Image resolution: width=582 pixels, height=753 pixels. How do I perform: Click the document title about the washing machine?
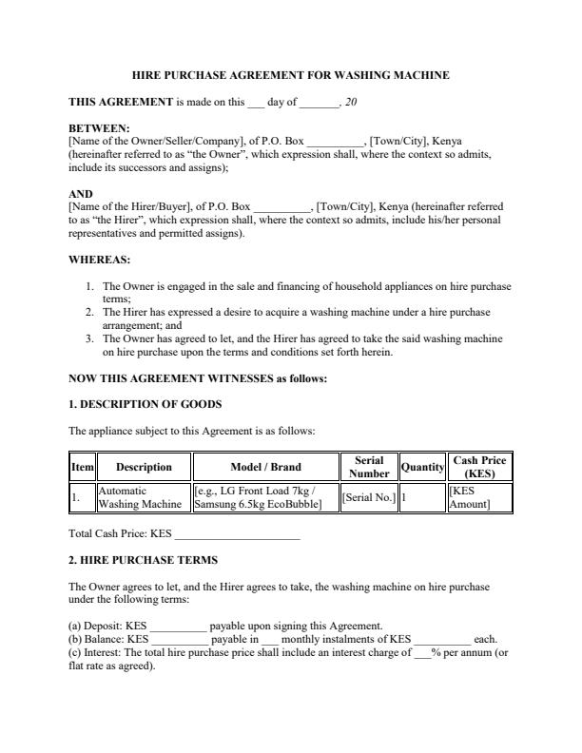click(x=290, y=74)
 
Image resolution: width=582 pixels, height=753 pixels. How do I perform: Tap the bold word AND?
click(x=81, y=193)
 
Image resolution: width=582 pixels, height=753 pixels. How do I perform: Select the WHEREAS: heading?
click(x=100, y=259)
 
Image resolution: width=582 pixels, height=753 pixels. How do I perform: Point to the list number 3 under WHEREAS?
click(x=89, y=338)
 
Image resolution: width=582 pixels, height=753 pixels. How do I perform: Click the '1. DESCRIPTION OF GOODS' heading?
click(x=145, y=404)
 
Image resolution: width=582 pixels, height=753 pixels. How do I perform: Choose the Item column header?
click(x=83, y=467)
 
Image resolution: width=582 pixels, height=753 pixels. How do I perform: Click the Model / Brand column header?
click(x=265, y=467)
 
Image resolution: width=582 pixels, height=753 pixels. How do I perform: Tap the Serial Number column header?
click(x=369, y=467)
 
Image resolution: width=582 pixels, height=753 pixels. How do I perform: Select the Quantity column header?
click(x=422, y=467)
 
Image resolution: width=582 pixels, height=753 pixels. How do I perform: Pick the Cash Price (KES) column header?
click(x=479, y=467)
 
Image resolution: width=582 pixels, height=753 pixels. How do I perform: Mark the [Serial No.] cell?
click(x=368, y=497)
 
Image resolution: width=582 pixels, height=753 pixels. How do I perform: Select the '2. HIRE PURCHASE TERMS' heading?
click(x=143, y=560)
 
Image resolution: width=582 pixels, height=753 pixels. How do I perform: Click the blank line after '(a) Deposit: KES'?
click(x=178, y=626)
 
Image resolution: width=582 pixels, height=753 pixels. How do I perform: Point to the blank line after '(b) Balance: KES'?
click(x=179, y=639)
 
